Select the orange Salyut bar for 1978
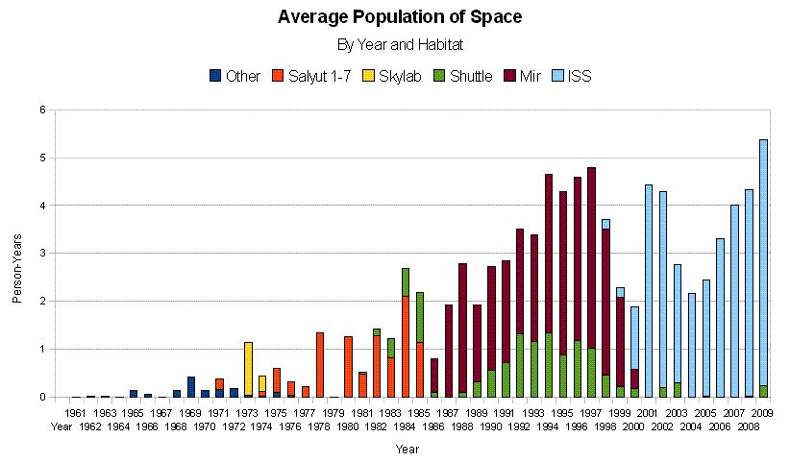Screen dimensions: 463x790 319,364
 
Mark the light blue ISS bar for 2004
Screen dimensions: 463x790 692,344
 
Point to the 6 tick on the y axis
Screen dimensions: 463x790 41,110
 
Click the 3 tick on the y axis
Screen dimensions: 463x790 41,254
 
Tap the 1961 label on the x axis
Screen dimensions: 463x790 78,412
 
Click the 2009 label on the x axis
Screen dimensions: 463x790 763,412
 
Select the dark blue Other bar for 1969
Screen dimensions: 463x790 191,386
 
